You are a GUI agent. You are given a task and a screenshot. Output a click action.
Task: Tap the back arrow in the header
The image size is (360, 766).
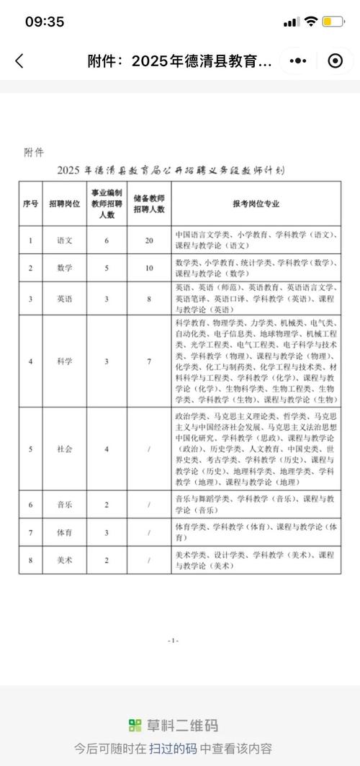coord(19,61)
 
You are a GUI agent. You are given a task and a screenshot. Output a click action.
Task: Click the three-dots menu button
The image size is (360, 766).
coord(299,61)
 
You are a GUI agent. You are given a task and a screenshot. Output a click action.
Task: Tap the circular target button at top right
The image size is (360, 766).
coord(335,61)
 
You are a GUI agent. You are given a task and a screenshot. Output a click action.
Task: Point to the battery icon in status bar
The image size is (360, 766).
coord(333,22)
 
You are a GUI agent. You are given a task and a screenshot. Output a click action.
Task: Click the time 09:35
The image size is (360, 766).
coord(45,22)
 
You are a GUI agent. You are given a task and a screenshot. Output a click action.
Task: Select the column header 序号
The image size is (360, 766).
coord(30,204)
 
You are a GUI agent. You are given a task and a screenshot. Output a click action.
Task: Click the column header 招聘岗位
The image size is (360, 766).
coord(64,204)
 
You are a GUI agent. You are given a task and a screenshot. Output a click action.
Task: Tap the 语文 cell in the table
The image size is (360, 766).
coord(64,240)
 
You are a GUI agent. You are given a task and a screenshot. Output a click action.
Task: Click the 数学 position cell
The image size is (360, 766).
coord(64,269)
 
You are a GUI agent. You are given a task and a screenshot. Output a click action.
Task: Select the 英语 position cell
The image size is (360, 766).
coord(64,298)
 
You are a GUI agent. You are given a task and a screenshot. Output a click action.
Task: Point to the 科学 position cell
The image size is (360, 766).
coord(64,361)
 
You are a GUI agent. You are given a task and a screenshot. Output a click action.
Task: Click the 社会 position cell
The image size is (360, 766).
coord(64,449)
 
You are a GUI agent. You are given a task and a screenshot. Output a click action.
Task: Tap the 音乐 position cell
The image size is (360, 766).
coord(64,505)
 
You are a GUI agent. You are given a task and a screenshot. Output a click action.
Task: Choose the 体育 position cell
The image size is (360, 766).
coord(64,533)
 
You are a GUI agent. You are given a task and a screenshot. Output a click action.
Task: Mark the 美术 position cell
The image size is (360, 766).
coord(64,560)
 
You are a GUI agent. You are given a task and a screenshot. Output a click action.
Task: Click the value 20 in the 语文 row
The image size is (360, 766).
coord(149,240)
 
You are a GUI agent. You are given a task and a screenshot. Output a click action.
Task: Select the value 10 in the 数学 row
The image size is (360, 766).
coord(149,269)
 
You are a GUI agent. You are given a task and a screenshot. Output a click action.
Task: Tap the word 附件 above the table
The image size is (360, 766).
coord(34,152)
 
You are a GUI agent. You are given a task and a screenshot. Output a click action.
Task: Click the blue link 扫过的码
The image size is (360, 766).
coord(174,748)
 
